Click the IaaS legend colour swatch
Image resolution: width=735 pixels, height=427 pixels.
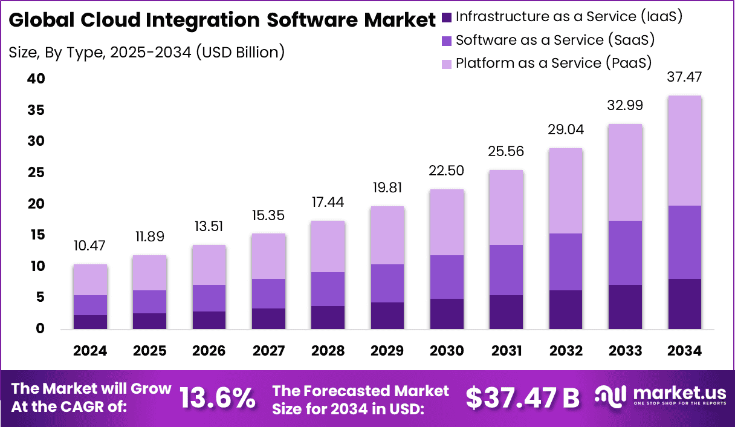[447, 17]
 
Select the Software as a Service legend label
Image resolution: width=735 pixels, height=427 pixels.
[555, 40]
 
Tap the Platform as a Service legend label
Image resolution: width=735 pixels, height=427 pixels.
[553, 63]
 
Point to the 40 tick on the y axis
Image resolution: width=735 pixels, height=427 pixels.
[36, 79]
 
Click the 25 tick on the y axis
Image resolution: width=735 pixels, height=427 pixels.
[36, 172]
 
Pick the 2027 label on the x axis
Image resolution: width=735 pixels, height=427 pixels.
[268, 351]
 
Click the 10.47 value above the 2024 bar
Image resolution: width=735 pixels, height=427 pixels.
[90, 246]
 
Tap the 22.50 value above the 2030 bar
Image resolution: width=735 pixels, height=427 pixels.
[447, 171]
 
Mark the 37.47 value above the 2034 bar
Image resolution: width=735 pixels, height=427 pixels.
[684, 77]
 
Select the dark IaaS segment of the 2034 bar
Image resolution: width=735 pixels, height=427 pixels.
[684, 304]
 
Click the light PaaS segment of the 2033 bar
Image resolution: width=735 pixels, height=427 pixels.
[625, 172]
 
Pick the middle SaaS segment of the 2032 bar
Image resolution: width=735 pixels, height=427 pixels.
[566, 262]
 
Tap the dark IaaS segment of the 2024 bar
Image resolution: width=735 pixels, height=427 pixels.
[91, 322]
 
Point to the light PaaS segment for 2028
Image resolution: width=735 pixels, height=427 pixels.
[328, 246]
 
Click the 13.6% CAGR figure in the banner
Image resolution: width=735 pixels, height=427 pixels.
[217, 397]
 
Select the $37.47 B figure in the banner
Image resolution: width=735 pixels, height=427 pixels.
[522, 397]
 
